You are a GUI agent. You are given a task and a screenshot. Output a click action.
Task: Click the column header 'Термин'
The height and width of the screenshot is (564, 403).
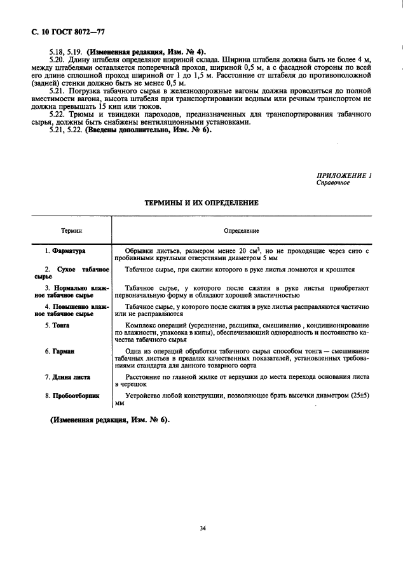click(71, 231)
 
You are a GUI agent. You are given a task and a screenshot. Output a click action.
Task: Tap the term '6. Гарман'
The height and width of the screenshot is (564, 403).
click(60, 351)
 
